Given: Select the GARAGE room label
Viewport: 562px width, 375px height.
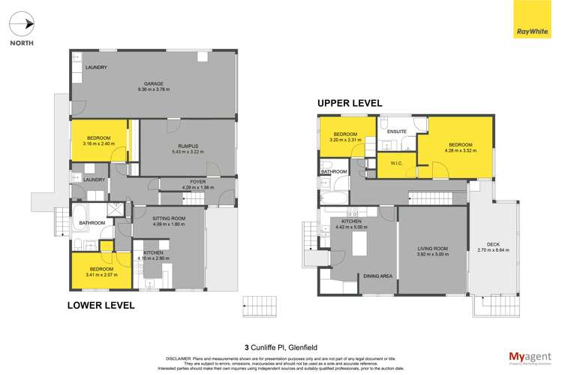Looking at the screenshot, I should pyautogui.click(x=153, y=83).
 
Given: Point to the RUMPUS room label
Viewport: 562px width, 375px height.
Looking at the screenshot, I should pyautogui.click(x=188, y=146).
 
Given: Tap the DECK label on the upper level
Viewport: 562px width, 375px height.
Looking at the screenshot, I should pyautogui.click(x=493, y=243).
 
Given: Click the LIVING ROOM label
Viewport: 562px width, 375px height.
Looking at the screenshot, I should pyautogui.click(x=433, y=248).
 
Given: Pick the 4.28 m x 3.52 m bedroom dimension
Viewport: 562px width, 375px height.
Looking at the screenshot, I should pyautogui.click(x=460, y=151).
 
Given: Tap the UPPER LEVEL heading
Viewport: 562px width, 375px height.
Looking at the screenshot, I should pyautogui.click(x=350, y=103).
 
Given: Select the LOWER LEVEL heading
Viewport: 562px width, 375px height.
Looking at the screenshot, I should pyautogui.click(x=101, y=305).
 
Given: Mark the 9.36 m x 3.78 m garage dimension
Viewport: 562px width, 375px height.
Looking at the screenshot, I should pyautogui.click(x=153, y=89).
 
